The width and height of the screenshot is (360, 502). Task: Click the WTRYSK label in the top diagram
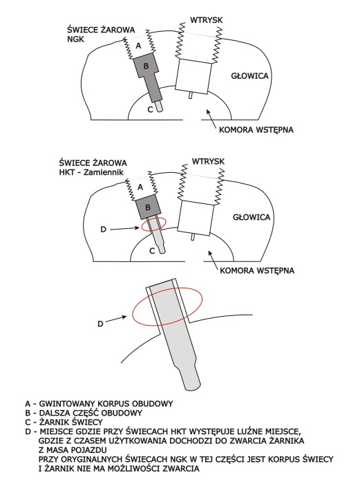[207, 20]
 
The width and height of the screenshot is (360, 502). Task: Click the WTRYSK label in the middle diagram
[208, 161]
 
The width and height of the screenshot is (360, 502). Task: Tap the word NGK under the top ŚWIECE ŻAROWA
[76, 39]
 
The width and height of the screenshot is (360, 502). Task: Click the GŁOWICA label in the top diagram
[249, 76]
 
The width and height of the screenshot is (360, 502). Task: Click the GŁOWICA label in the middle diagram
[252, 217]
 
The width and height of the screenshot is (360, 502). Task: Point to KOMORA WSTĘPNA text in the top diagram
[256, 130]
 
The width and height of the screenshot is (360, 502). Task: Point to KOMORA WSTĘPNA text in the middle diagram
[257, 270]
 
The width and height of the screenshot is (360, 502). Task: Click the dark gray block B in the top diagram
[146, 66]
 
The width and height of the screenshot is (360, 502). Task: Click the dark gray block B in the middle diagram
[147, 207]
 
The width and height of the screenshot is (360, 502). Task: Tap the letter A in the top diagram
[139, 46]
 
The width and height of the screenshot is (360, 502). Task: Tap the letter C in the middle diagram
[152, 251]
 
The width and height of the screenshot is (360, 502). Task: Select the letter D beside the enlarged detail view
[100, 324]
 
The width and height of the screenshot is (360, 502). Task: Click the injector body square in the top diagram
[193, 76]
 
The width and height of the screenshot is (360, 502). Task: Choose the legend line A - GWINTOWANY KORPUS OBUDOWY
[99, 403]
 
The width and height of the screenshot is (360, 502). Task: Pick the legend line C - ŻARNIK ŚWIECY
[64, 422]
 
